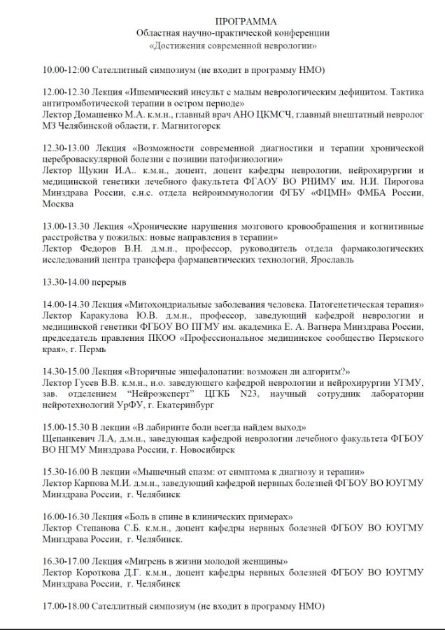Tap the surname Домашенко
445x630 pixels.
point(102,114)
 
